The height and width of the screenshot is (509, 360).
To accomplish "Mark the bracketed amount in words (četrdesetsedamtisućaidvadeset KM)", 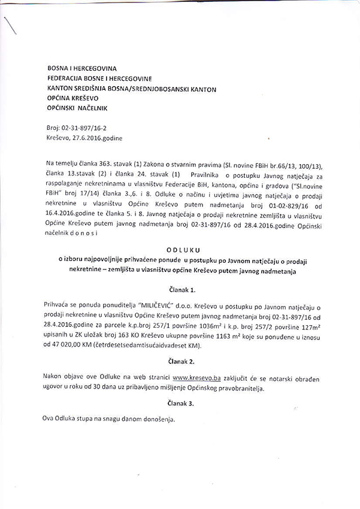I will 155,346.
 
